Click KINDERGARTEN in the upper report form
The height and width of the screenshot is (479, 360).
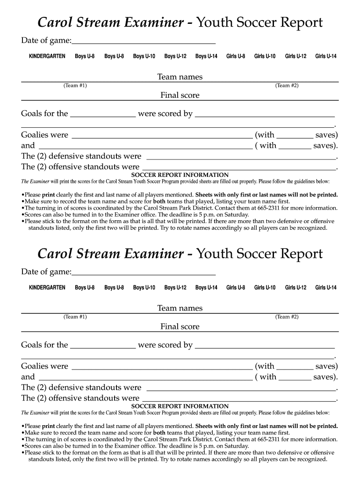[x=47, y=57]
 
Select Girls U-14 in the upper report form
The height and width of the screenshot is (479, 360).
[x=326, y=57]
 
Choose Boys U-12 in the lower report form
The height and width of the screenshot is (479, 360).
[x=175, y=288]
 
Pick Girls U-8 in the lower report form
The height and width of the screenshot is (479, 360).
[x=236, y=288]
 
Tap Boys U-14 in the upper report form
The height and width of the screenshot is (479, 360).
[x=206, y=57]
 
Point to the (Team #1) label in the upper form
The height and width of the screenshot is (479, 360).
[x=75, y=85]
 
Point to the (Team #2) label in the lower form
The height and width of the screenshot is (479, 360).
[x=287, y=317]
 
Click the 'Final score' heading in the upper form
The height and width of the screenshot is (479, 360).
[x=180, y=95]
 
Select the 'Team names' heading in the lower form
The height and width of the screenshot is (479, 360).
[x=180, y=308]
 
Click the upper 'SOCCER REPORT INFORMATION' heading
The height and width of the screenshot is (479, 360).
[x=180, y=175]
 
